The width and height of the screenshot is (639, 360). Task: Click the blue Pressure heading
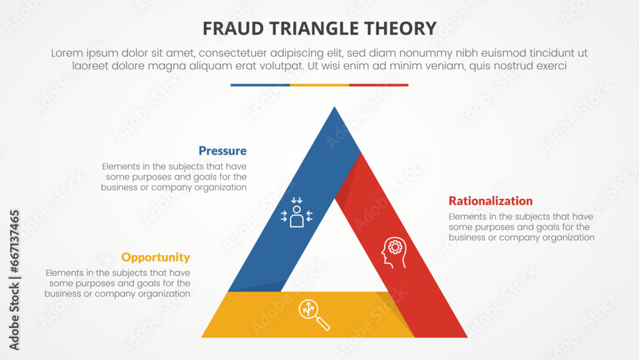pos(222,151)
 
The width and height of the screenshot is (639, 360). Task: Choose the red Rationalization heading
pos(490,201)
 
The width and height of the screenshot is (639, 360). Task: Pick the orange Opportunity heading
pos(155,257)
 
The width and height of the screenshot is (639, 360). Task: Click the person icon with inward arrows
pos(296,213)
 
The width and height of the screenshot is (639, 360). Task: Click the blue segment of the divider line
pos(260,84)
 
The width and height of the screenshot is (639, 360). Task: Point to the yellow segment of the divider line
pos(319,84)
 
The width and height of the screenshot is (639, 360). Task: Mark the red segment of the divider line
pos(378,84)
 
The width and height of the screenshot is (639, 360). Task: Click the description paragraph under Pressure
pos(174,177)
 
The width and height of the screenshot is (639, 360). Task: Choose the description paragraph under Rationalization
pos(521,227)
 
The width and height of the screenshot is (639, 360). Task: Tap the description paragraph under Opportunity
pos(118,283)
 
